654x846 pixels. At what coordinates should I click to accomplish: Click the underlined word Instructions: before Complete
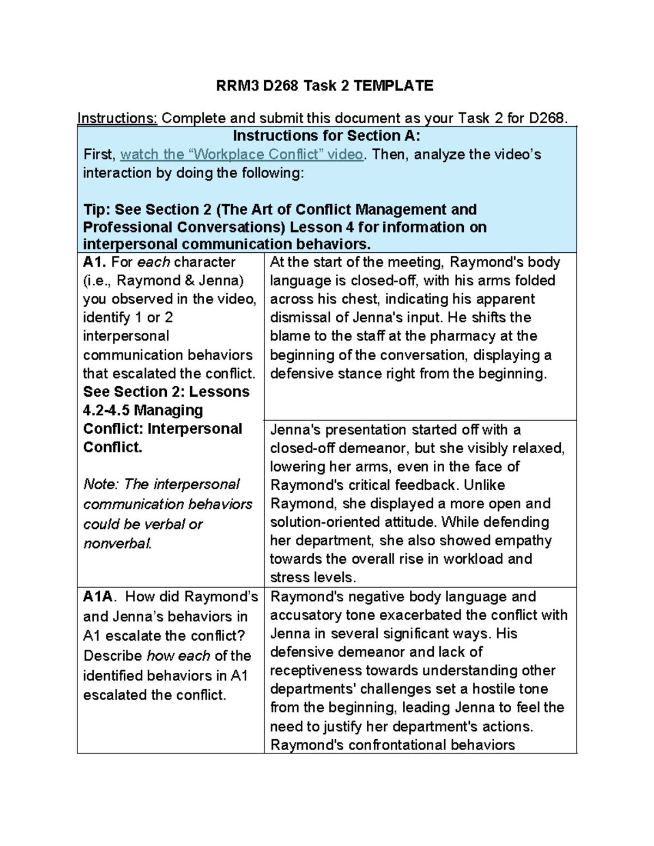117,118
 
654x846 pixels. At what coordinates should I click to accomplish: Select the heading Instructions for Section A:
326,136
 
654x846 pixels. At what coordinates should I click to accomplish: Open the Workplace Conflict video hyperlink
241,155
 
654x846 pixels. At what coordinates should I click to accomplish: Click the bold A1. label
95,262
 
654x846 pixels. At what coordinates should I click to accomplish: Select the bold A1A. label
99,597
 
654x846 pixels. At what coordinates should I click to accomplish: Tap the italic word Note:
101,484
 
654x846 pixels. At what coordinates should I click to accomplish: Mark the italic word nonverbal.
117,543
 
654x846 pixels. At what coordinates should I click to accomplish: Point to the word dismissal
300,318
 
